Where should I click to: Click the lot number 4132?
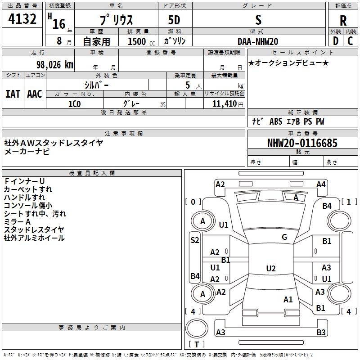click(22, 19)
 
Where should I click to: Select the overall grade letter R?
click(343, 21)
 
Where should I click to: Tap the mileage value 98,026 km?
click(55, 65)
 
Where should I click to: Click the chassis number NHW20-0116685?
click(302, 143)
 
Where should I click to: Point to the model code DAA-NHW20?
click(258, 41)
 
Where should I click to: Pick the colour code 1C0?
click(75, 104)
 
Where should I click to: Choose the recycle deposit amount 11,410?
click(225, 103)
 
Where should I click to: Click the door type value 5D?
click(174, 20)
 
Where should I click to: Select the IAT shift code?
click(13, 94)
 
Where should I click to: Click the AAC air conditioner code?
click(35, 94)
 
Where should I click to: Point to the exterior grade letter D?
click(336, 41)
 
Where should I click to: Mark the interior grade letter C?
click(350, 41)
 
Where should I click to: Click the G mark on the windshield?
click(284, 237)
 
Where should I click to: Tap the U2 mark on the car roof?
click(271, 268)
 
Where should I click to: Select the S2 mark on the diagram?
click(195, 240)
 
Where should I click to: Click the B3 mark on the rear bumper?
click(321, 332)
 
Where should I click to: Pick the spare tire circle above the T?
click(197, 328)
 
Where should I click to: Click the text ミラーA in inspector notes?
click(17, 222)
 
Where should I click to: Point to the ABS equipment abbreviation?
click(276, 121)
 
